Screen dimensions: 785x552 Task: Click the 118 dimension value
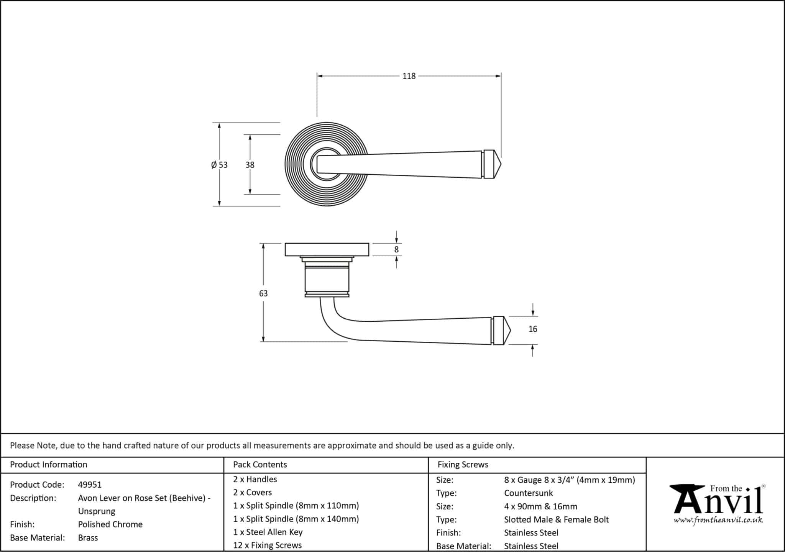tap(409, 76)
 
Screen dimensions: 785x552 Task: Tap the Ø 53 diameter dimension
tap(219, 165)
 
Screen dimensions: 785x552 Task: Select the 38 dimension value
tap(250, 165)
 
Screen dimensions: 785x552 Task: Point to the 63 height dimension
tap(263, 293)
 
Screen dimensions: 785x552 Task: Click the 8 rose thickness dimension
tap(396, 250)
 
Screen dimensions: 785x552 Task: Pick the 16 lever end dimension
tap(533, 329)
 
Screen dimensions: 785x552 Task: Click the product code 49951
tap(90, 485)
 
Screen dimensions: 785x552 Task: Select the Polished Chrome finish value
tap(110, 524)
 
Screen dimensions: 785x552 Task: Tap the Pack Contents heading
tap(260, 465)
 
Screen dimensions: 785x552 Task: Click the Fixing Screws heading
tap(463, 465)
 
